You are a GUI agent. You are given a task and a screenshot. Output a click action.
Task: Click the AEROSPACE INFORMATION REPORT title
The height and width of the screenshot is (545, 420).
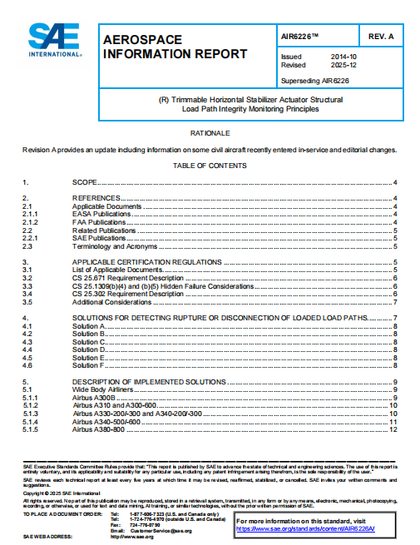click(175, 47)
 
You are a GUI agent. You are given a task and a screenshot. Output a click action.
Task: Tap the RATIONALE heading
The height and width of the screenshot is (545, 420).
click(210, 133)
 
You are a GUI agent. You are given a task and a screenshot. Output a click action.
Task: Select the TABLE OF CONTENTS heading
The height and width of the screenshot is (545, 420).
click(210, 166)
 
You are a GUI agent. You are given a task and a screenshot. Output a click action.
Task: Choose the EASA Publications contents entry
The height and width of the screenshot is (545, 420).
click(101, 214)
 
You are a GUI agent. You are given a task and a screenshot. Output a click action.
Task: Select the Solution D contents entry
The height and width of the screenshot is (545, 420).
click(89, 349)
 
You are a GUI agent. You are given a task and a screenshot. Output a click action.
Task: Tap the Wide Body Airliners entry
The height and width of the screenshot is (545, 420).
click(104, 389)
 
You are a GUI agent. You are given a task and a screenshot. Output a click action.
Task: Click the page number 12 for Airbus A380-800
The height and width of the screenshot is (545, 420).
click(393, 429)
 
